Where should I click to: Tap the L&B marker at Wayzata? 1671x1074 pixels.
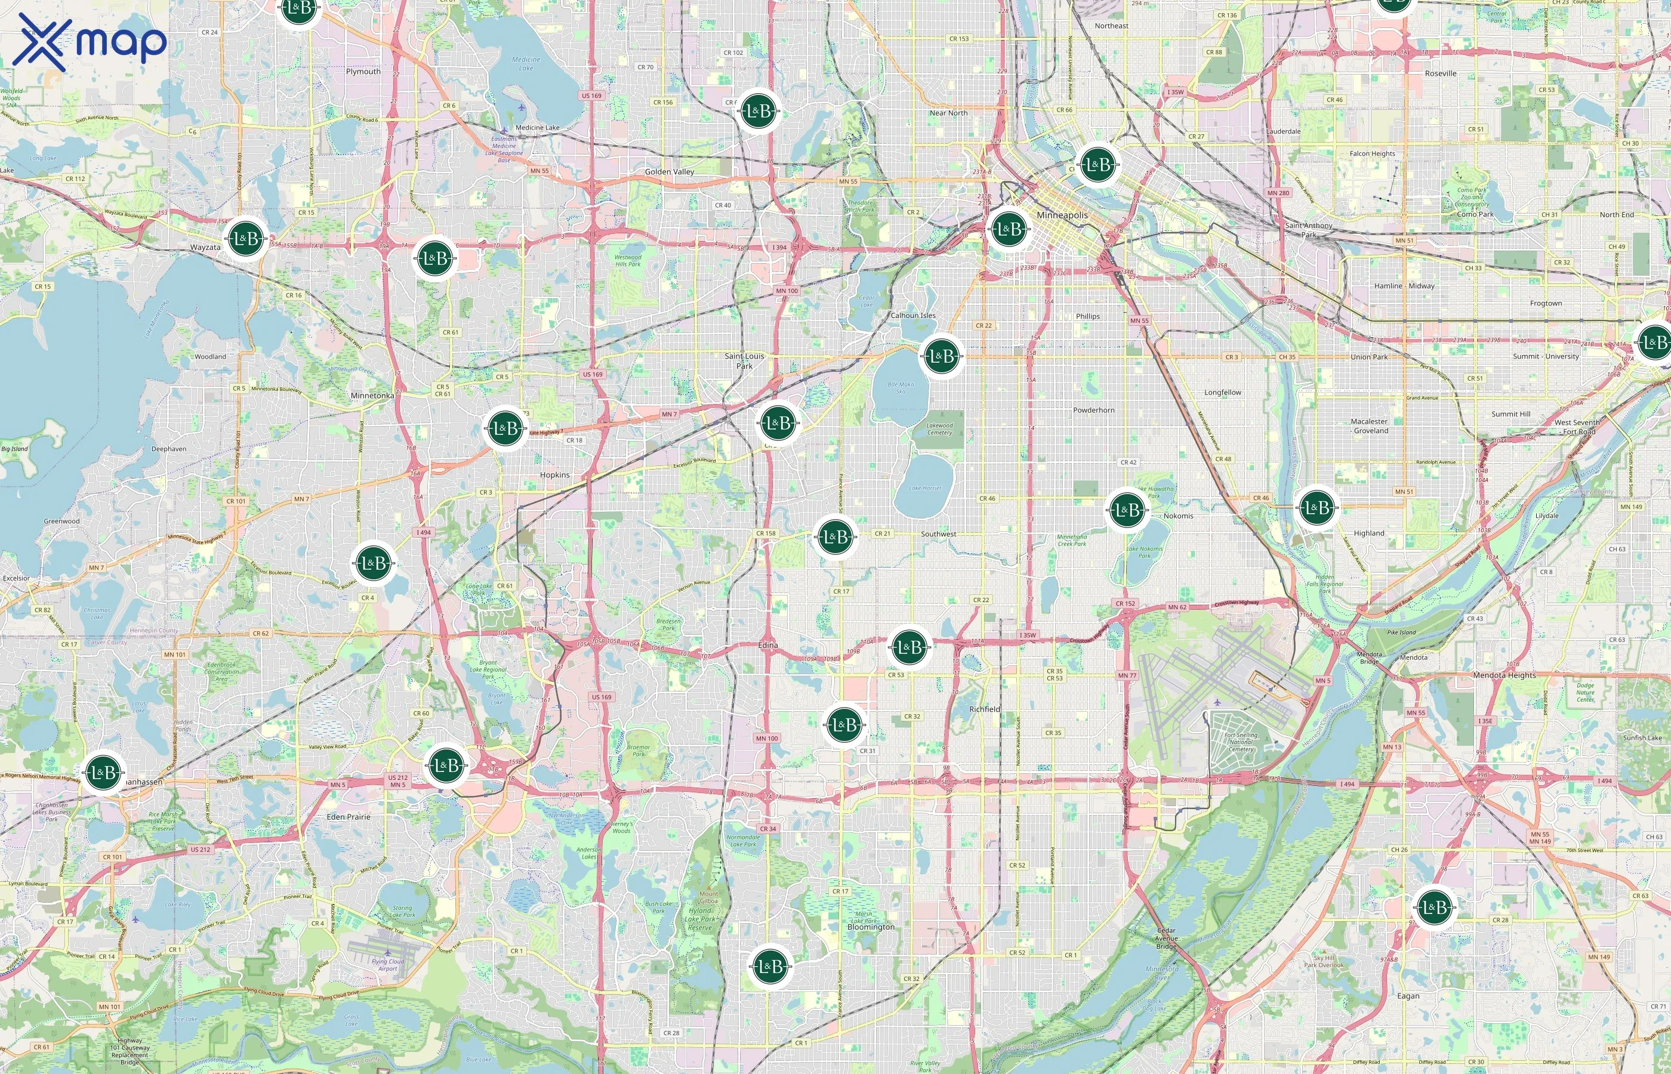[246, 239]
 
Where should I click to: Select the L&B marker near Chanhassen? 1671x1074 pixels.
[103, 772]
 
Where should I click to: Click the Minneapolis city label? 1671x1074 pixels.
[1062, 215]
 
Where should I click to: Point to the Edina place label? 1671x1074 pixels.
[768, 645]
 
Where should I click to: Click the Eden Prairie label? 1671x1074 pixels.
[348, 817]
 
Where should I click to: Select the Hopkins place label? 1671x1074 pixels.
[554, 475]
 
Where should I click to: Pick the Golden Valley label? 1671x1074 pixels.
[669, 172]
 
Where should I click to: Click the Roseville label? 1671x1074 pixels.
[1440, 73]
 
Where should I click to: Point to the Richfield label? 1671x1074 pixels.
[984, 709]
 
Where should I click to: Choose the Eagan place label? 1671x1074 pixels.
[1407, 996]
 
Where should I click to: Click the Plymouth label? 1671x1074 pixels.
[363, 71]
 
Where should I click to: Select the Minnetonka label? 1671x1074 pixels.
[372, 396]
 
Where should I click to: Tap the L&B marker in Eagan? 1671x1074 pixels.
[1434, 908]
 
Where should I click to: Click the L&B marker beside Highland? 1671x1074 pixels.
[1316, 508]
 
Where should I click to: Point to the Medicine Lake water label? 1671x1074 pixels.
[526, 63]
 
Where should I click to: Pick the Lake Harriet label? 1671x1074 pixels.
[925, 488]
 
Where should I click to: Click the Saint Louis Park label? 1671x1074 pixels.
[744, 360]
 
